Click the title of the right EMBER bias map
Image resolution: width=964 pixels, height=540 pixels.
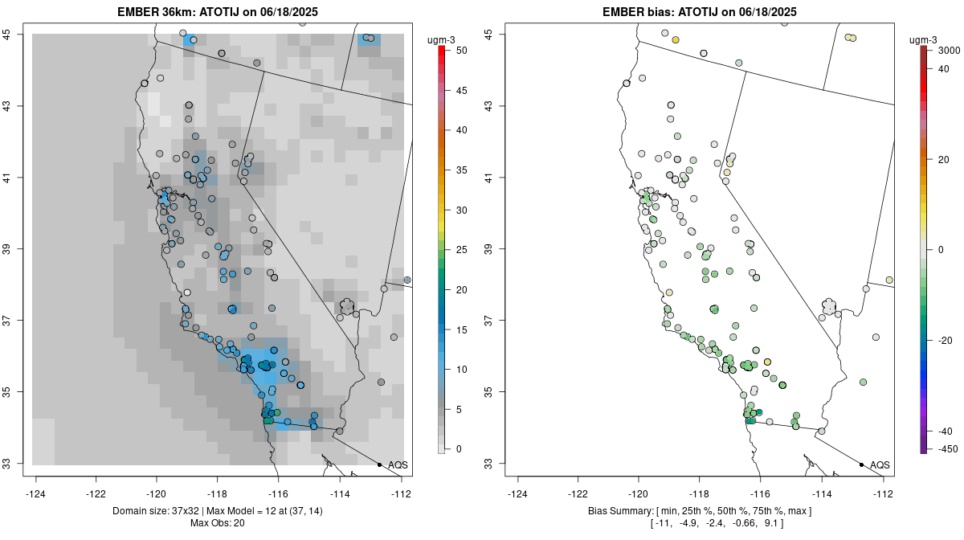click(x=700, y=11)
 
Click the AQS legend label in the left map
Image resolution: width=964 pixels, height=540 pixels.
click(x=398, y=465)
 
